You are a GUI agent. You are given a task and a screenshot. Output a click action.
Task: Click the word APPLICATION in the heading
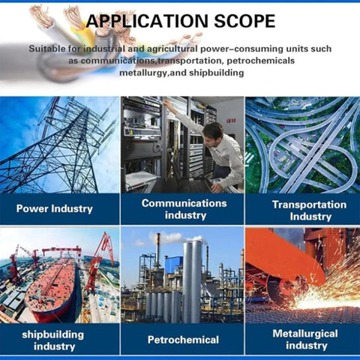coord(147,21)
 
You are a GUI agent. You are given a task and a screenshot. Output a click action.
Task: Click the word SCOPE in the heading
coord(244,21)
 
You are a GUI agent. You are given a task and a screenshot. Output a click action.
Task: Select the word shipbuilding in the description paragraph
coord(216,73)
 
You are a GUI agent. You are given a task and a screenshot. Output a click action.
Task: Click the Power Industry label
coord(55,208)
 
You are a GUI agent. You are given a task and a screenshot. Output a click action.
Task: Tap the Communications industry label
coord(184,209)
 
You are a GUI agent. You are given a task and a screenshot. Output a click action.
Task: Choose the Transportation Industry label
coord(310,210)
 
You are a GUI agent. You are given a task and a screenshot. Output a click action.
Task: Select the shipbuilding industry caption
coord(53,340)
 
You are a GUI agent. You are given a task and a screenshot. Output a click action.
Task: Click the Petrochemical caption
coord(183,340)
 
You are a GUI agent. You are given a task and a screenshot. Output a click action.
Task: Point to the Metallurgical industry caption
coord(305,339)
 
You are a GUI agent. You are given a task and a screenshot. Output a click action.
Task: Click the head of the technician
coord(213,131)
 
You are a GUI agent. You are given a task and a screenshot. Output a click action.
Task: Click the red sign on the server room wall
coord(231,121)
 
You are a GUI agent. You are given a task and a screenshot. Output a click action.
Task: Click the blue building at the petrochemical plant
coord(174,265)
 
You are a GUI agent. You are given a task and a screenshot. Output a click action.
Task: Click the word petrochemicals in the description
coord(261,61)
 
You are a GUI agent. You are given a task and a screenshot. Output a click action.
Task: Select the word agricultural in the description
coord(172,49)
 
